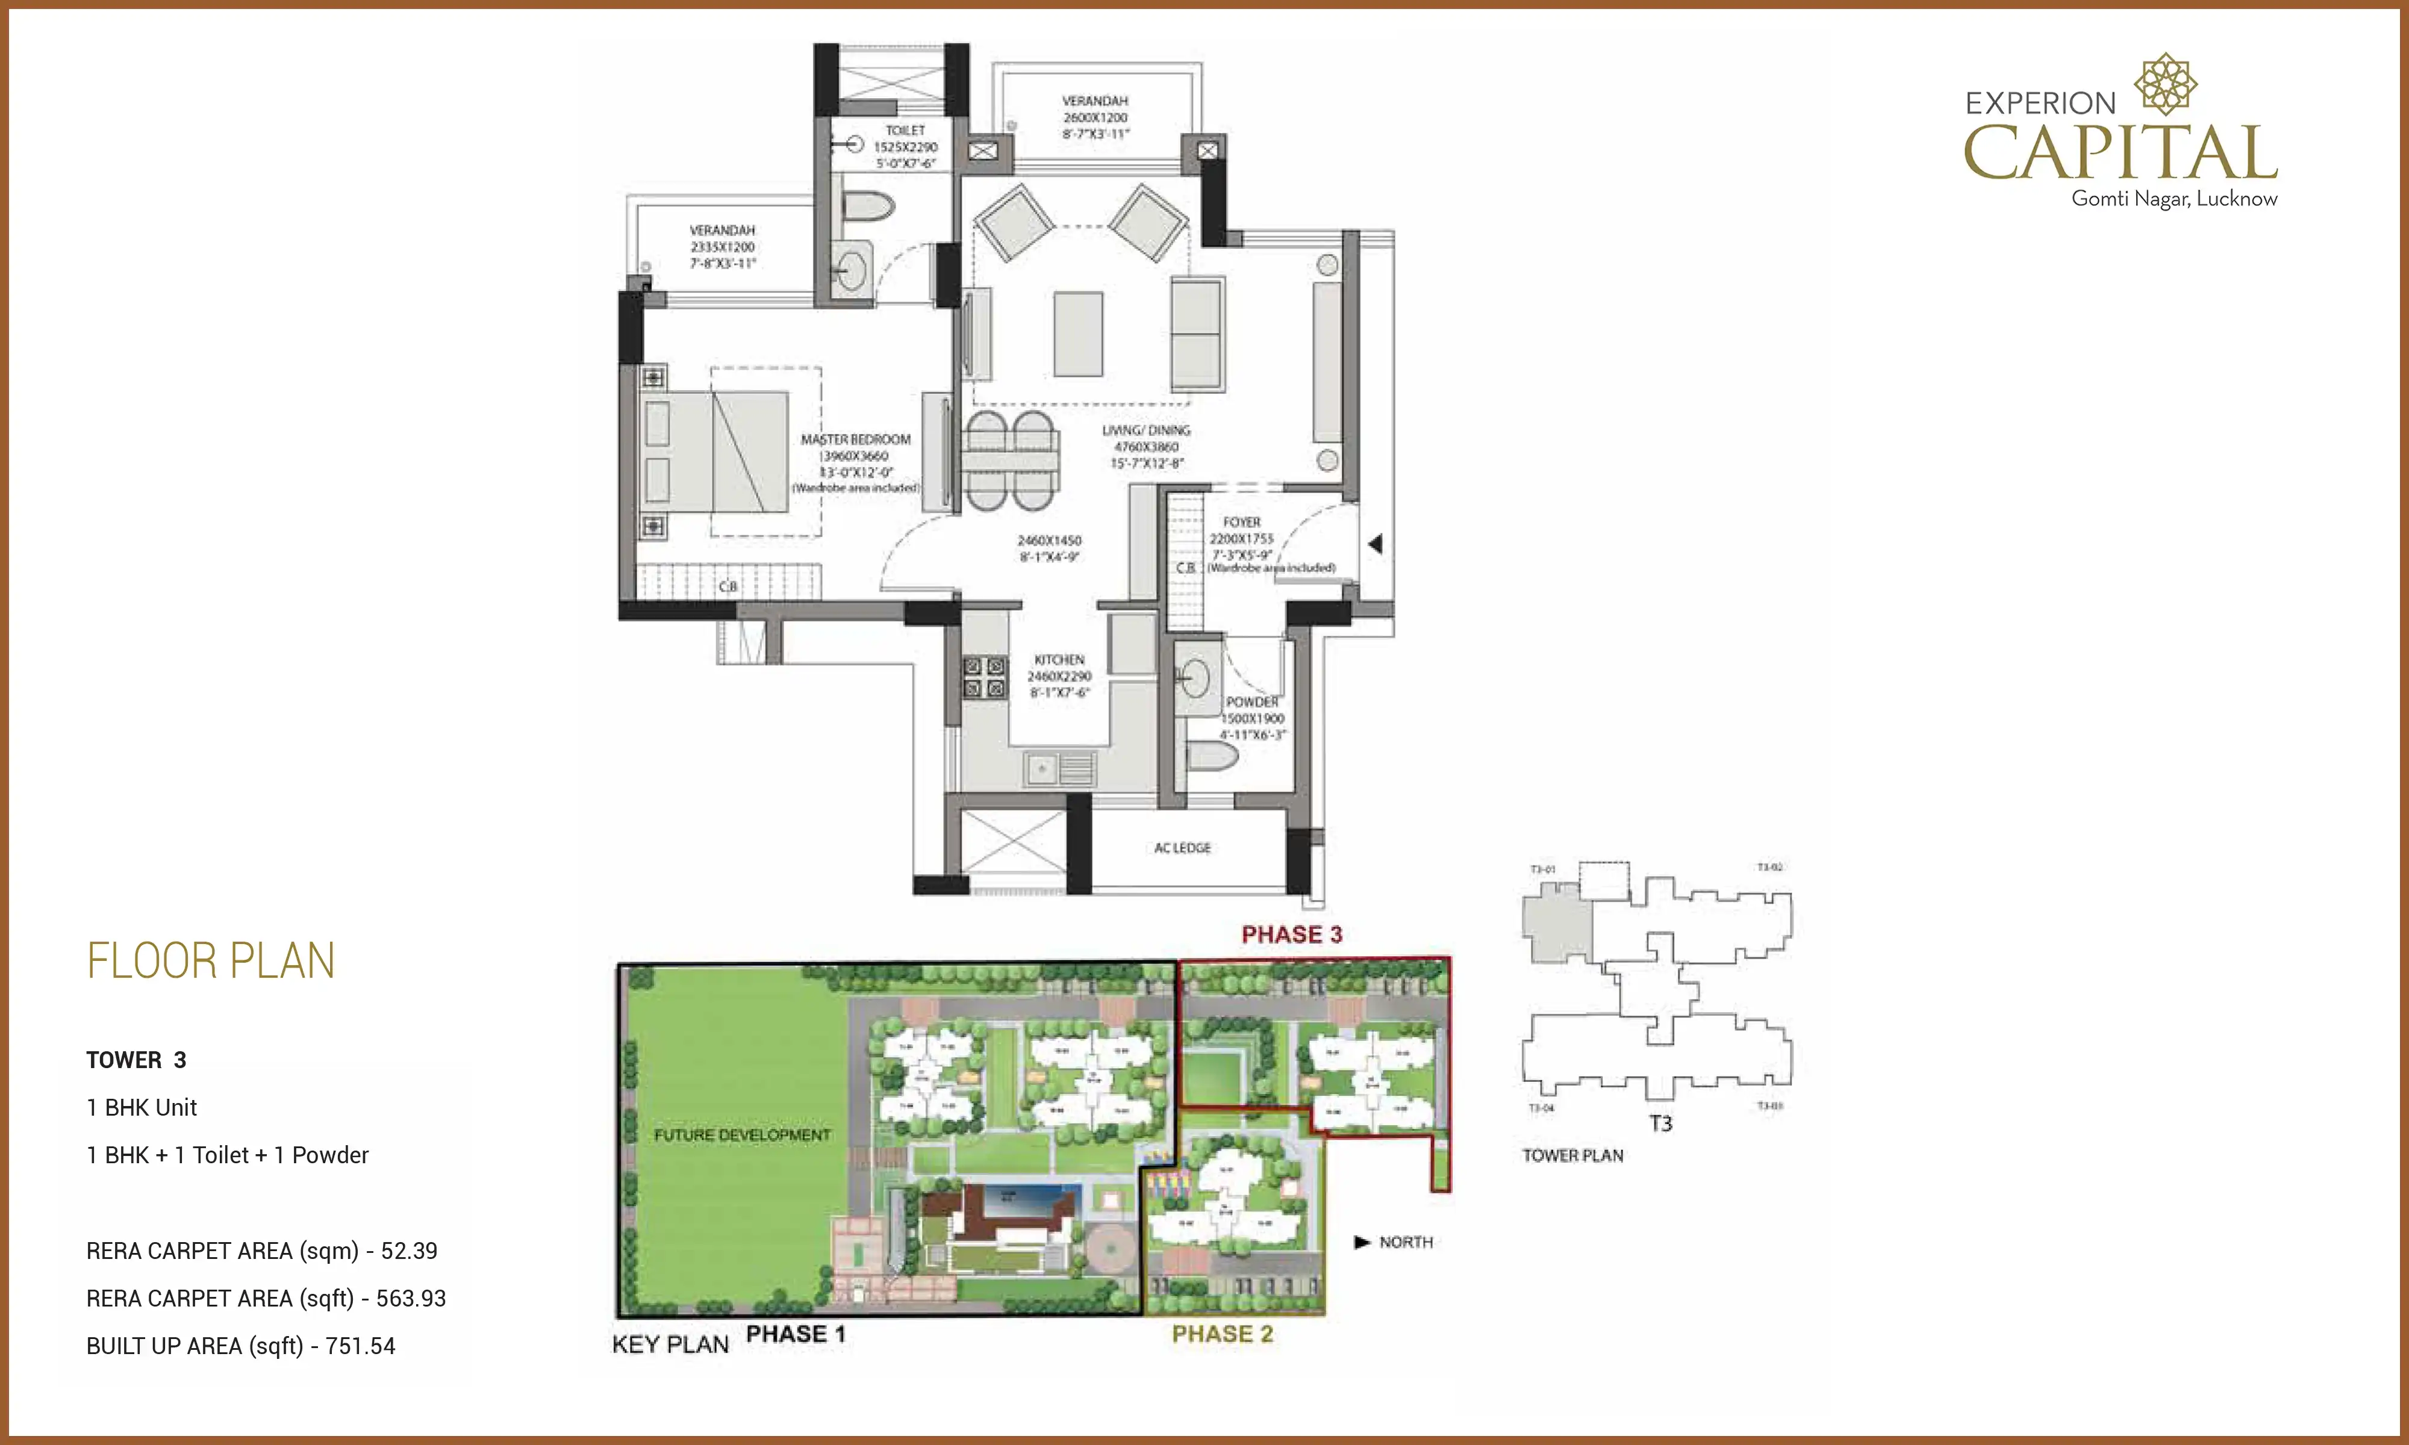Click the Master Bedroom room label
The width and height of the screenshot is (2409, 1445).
coord(855,440)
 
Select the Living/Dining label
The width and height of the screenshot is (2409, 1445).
coord(1146,430)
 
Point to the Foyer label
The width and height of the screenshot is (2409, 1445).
coord(1241,523)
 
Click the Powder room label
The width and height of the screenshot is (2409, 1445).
coord(1252,702)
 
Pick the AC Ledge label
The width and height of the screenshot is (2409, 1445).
coord(1182,848)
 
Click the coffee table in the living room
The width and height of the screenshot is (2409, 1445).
coord(1078,334)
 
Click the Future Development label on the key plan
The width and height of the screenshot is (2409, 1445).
coord(742,1136)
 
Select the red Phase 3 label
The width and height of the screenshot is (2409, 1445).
coord(1291,935)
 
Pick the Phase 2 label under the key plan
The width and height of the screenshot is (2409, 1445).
coord(1222,1334)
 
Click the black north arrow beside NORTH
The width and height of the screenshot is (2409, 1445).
coord(1362,1243)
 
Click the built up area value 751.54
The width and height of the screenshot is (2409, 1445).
coord(360,1347)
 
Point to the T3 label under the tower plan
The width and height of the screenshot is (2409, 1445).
coord(1660,1123)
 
